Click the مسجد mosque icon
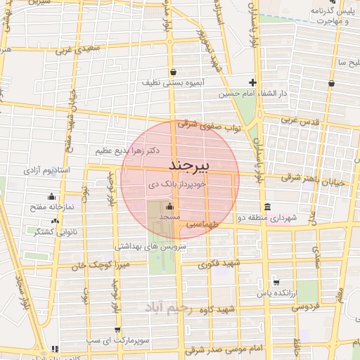169,207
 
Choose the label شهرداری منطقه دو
266,218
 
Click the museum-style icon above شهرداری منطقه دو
266,207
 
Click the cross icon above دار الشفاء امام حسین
252,82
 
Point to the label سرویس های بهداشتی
150,246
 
